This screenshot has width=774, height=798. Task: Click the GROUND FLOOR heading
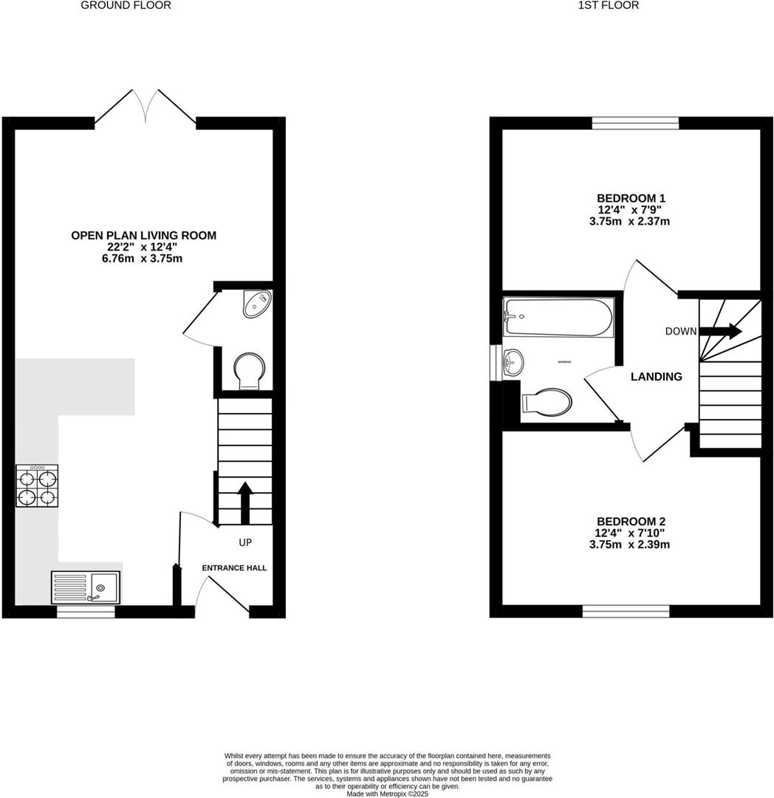pos(126,5)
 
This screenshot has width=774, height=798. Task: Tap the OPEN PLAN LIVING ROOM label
pos(143,236)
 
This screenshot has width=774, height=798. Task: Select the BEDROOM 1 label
pos(631,198)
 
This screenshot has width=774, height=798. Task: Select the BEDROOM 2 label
pos(631,522)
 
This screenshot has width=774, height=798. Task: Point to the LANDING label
pos(656,377)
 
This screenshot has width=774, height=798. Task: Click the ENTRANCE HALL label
pos(235,567)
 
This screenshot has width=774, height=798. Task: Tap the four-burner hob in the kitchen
pos(37,486)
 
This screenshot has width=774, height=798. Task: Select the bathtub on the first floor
pos(558,317)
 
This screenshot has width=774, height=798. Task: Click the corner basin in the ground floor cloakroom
pos(258,303)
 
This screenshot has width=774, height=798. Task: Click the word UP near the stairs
pos(245,543)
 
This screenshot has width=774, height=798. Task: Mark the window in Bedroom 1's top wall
pos(635,123)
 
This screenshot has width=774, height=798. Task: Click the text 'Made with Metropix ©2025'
pos(387,794)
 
